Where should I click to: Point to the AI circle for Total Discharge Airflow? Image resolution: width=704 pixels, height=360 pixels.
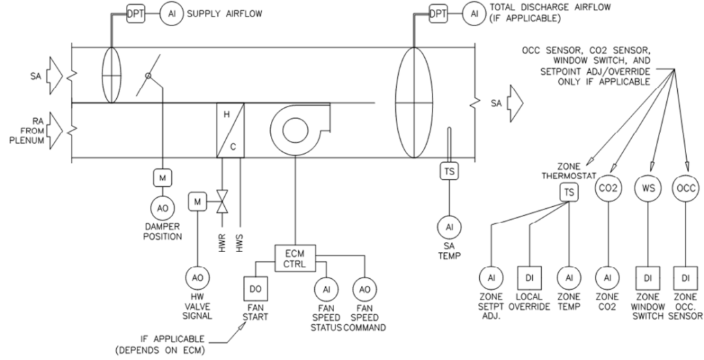(473, 12)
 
